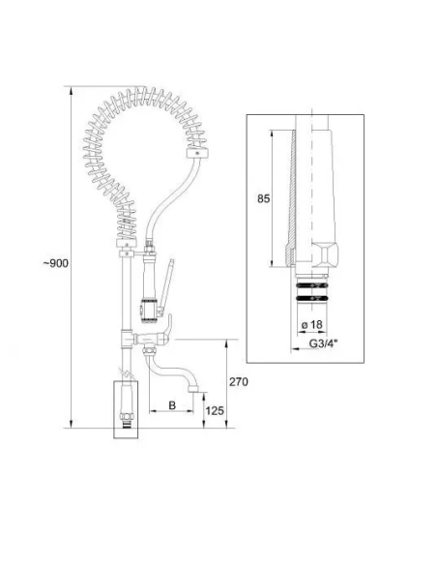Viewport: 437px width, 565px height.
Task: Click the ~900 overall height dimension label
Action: (56, 263)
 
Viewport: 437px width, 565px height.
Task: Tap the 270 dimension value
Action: (239, 381)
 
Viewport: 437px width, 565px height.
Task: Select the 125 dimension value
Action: (215, 411)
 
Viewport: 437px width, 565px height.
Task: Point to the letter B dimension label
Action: (172, 405)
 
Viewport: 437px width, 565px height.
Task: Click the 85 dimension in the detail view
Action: (264, 198)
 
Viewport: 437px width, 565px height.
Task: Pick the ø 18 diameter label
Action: (312, 325)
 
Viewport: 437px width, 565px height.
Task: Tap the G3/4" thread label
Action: (324, 343)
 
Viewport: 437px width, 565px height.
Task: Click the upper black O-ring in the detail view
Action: (311, 285)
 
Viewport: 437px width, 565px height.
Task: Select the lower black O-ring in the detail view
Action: (311, 298)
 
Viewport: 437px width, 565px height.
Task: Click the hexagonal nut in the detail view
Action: (325, 255)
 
